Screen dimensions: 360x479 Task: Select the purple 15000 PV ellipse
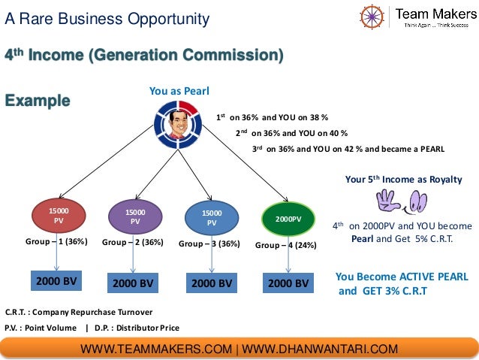(x=135, y=217)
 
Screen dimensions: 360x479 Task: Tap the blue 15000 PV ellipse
(x=212, y=218)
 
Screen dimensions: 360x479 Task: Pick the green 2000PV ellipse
(x=288, y=218)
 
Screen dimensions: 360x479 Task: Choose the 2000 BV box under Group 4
(x=288, y=283)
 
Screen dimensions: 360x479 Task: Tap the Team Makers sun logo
(x=372, y=16)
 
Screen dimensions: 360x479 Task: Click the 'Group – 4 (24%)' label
(x=286, y=245)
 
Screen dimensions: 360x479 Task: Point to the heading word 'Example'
(x=38, y=100)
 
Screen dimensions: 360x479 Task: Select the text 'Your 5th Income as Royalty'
(x=403, y=180)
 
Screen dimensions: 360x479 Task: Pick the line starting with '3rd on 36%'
(x=348, y=148)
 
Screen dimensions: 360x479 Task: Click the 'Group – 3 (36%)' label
(x=209, y=244)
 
